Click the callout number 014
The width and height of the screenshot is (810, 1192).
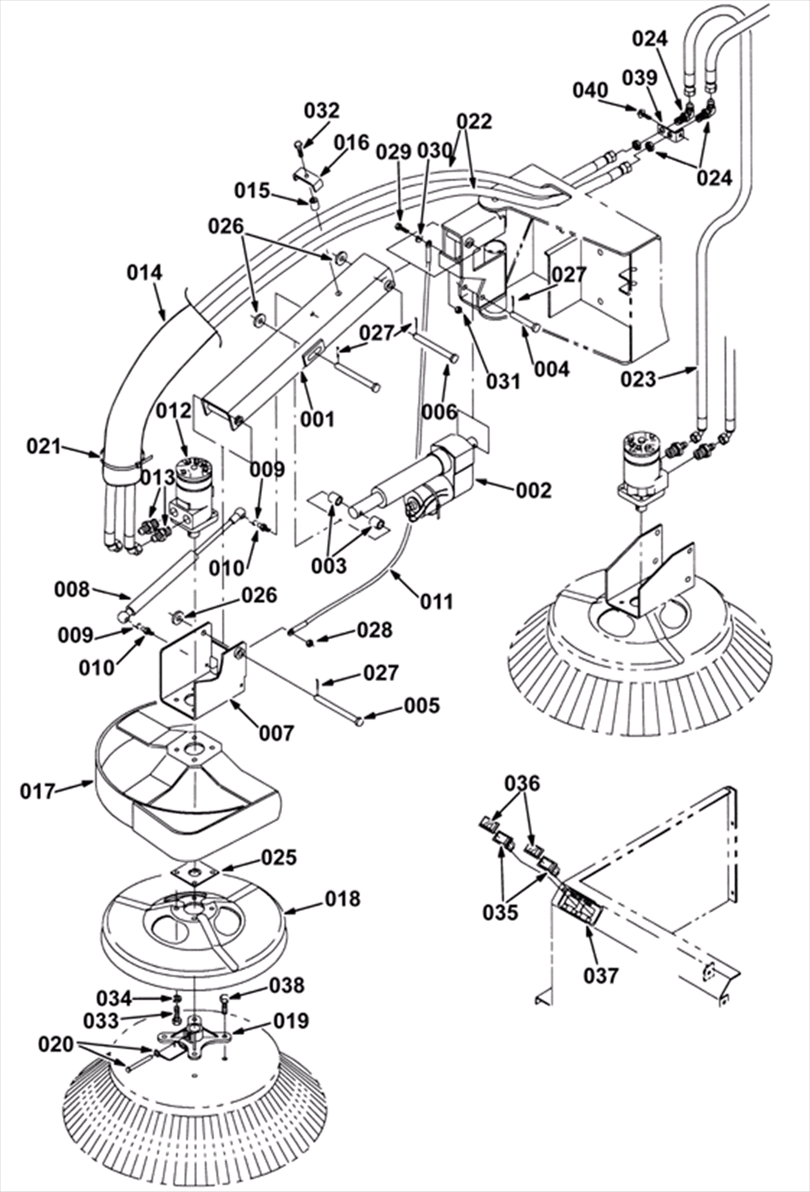point(145,273)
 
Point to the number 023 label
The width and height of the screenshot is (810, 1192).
point(639,379)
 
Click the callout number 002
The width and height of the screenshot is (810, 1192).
point(534,491)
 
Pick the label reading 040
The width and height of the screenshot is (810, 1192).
point(591,90)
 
